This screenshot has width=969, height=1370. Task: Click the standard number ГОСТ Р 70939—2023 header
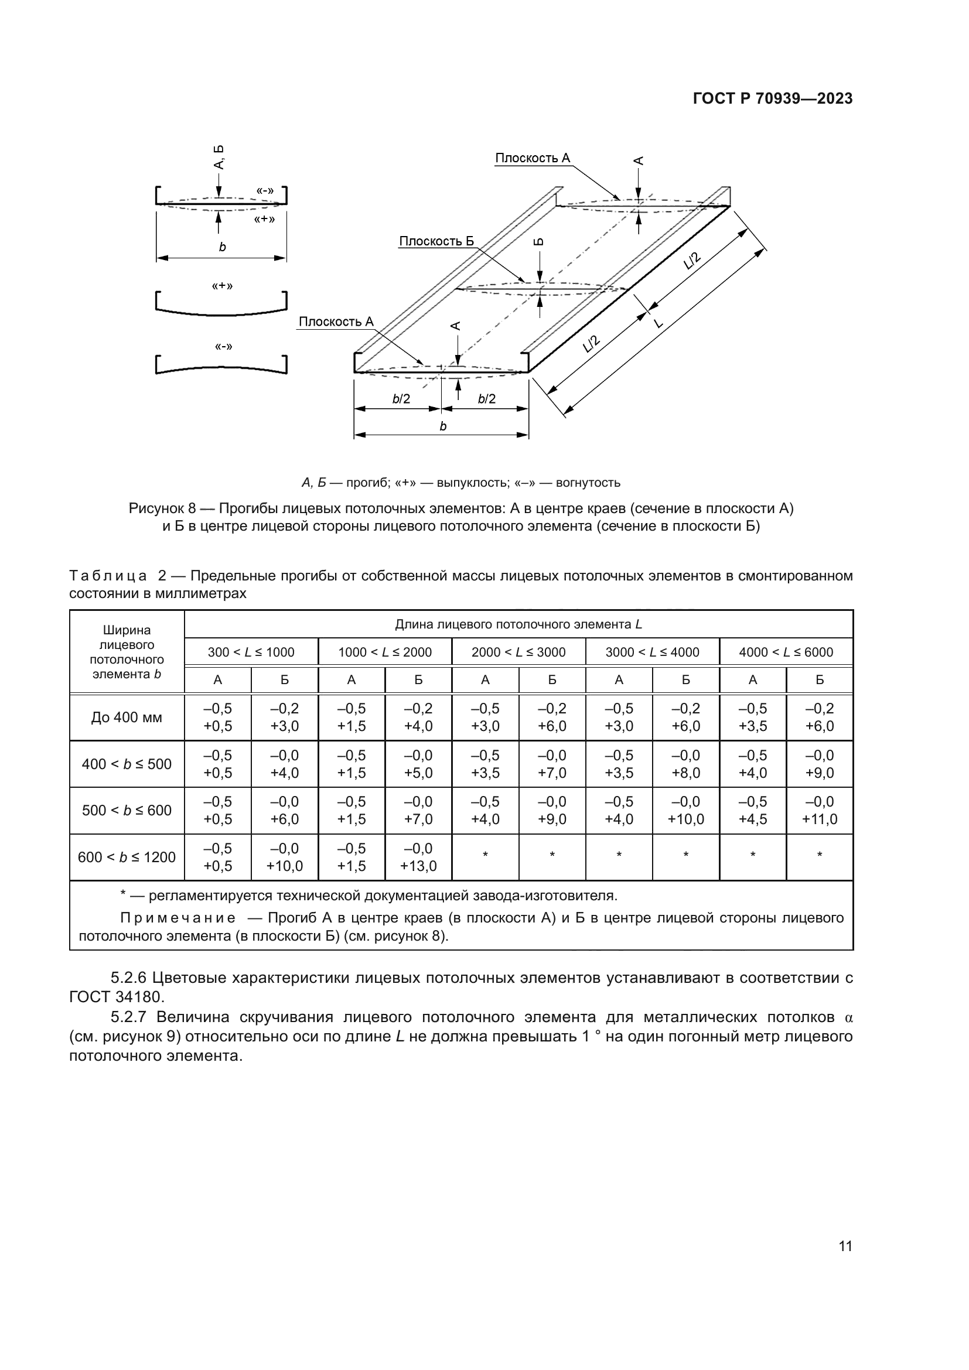click(x=772, y=99)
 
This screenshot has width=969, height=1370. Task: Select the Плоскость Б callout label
click(x=436, y=241)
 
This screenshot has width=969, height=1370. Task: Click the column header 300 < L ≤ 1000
click(x=251, y=652)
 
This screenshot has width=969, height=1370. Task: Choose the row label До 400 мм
click(x=127, y=718)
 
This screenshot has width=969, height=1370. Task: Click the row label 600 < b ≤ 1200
click(x=127, y=857)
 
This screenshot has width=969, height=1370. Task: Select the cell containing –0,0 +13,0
click(x=418, y=857)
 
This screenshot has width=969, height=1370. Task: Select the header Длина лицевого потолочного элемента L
click(x=518, y=625)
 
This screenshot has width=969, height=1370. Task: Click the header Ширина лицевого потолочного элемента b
click(x=127, y=651)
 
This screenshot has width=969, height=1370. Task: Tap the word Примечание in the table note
click(x=178, y=918)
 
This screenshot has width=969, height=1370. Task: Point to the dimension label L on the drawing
click(x=658, y=323)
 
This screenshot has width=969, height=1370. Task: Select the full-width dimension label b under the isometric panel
click(x=442, y=426)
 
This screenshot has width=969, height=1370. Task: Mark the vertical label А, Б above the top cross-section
click(x=219, y=156)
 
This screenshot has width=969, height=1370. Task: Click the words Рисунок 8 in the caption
click(x=162, y=508)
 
